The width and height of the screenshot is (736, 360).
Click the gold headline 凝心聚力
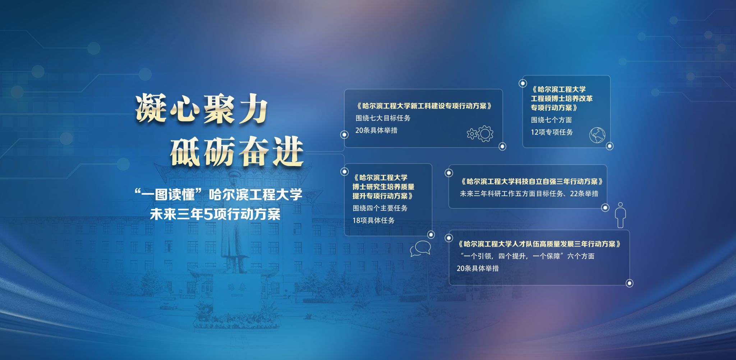pyautogui.click(x=202, y=109)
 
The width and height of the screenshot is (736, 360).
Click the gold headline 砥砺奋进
pyautogui.click(x=237, y=152)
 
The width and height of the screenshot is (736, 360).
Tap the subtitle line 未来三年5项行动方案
pyautogui.click(x=215, y=214)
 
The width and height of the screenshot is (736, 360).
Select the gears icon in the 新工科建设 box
pyautogui.click(x=480, y=133)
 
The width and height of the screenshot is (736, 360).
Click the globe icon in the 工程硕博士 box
pyautogui.click(x=597, y=135)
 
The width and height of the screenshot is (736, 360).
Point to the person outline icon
pyautogui.click(x=621, y=215)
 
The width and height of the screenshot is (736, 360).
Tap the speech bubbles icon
pyautogui.click(x=420, y=248)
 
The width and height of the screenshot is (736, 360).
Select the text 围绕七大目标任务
pyautogui.click(x=383, y=118)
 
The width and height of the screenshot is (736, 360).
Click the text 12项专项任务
pyautogui.click(x=552, y=132)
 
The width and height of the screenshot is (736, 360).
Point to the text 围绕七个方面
pyautogui.click(x=551, y=120)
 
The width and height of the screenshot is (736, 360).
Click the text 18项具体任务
pyautogui.click(x=373, y=220)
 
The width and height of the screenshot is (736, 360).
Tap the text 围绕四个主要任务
pyautogui.click(x=380, y=208)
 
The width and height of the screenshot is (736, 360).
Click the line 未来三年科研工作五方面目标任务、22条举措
pyautogui.click(x=529, y=194)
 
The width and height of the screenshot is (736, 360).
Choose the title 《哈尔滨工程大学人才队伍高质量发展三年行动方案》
pyautogui.click(x=539, y=244)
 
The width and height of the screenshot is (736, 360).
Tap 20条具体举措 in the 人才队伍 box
pyautogui.click(x=478, y=268)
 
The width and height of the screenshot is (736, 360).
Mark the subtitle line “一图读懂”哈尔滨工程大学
pyautogui.click(x=218, y=195)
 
